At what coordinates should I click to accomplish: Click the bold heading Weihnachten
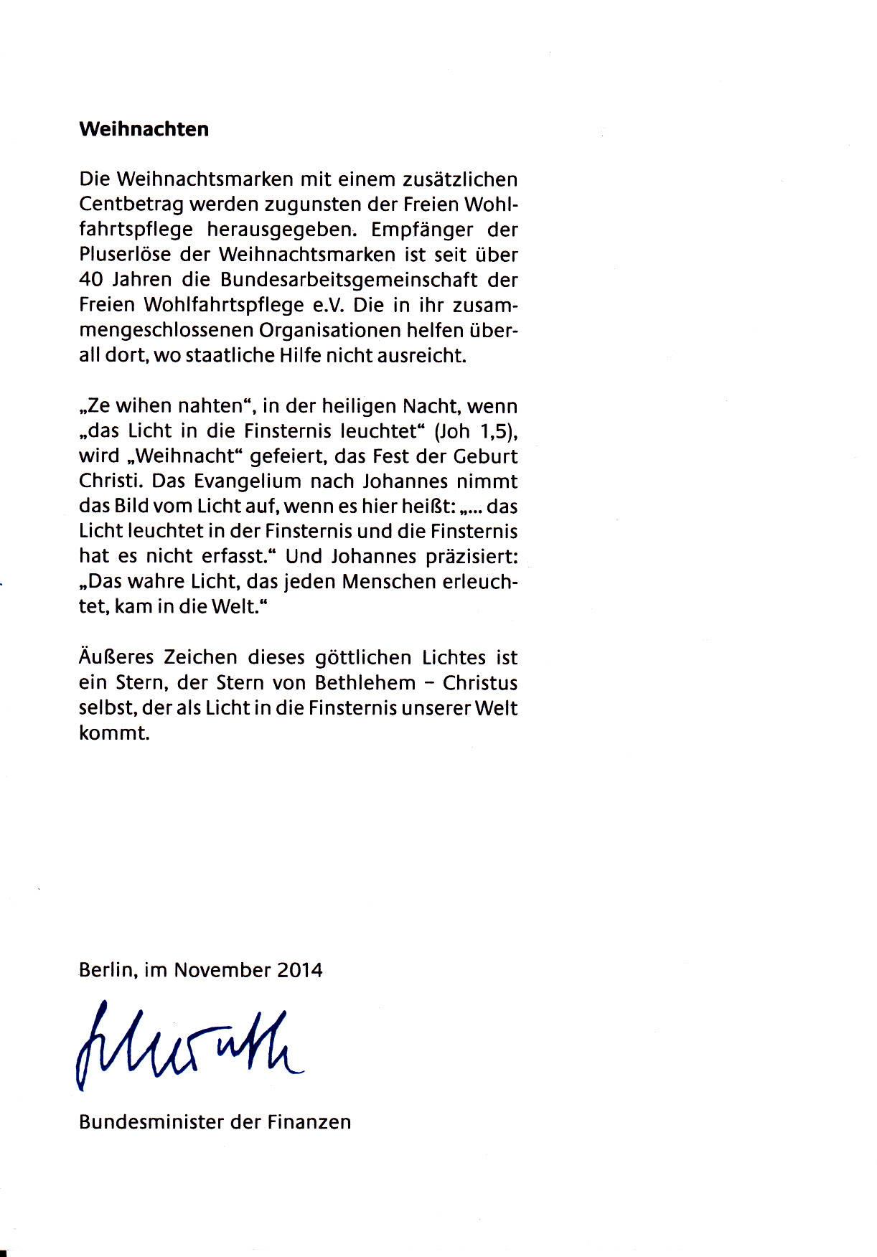coord(144,129)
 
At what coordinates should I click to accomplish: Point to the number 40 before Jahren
coord(92,280)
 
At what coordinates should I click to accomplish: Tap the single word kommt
coord(114,733)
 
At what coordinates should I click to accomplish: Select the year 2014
coord(299,970)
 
